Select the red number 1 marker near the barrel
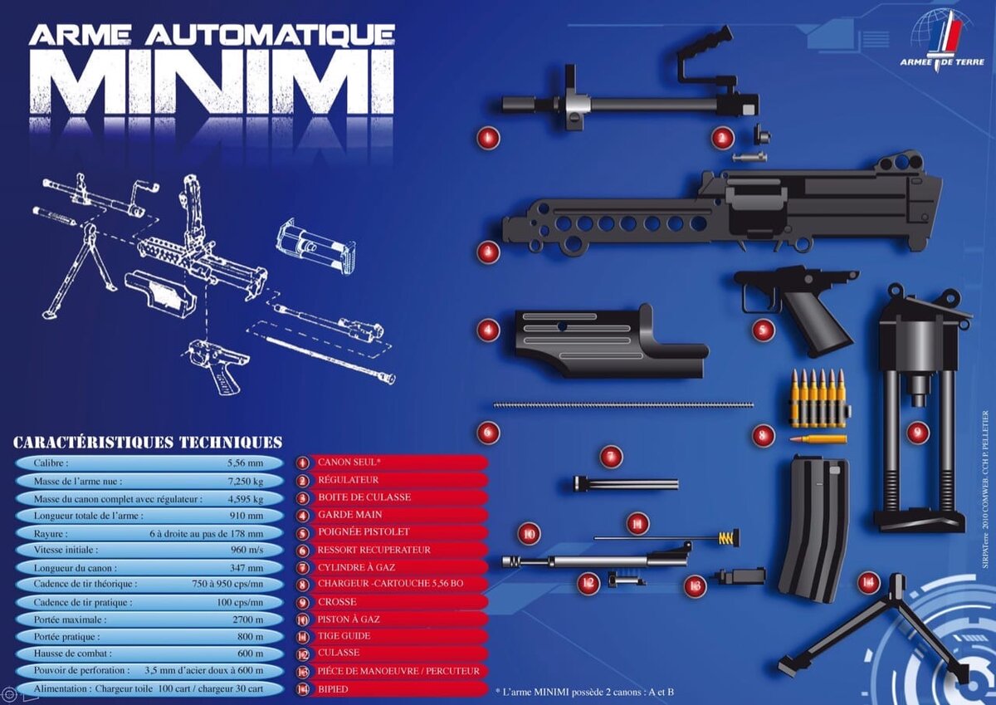488,138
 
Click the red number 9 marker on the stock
917,432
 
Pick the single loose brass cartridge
818,438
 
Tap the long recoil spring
623,405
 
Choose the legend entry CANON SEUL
349,462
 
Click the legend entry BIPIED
333,688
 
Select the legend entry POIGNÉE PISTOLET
364,531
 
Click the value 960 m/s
246,550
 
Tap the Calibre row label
51,463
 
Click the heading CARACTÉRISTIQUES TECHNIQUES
148,443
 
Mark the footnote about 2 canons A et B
584,691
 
